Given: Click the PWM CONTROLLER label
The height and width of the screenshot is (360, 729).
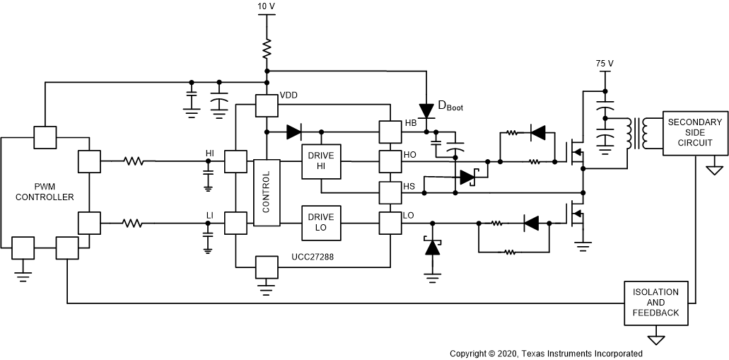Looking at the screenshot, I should point(45,192).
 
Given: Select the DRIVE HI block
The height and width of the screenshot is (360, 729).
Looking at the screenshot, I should point(321,161).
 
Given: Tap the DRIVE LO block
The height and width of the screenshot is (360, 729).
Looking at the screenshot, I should point(321,223).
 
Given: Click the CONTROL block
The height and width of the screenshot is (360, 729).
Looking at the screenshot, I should point(266,192).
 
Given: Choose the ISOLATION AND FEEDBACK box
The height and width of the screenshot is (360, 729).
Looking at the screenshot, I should point(655,303).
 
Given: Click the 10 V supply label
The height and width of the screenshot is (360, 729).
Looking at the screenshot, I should point(267,6).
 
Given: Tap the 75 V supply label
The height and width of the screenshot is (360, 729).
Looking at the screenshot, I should point(605,64).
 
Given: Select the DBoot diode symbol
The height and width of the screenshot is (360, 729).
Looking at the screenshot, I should point(426,110).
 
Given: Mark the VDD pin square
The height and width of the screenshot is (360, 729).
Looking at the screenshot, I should point(267,106).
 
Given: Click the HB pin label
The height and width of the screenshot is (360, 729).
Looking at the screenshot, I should point(410,123).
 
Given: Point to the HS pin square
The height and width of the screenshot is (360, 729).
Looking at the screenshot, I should point(390,192).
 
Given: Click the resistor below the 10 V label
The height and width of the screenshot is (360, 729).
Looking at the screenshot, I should point(267,50).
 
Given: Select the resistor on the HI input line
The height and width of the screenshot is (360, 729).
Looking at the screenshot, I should point(134,161).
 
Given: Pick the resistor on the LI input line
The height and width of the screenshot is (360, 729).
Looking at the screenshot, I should point(134,223).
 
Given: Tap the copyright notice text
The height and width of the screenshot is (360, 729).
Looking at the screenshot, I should point(546,353).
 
